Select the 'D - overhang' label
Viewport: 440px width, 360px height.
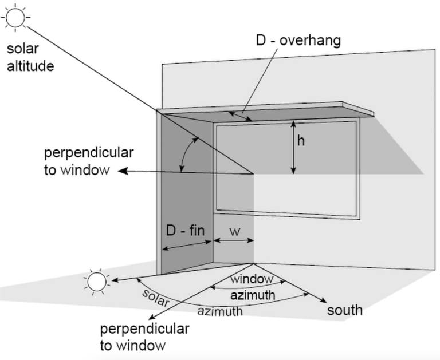(298, 41)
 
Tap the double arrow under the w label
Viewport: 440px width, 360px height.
(233, 243)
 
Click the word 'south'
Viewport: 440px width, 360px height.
(344, 310)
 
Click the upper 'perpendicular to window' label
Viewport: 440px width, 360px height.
(89, 161)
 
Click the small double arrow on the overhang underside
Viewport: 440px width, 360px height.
(240, 116)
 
